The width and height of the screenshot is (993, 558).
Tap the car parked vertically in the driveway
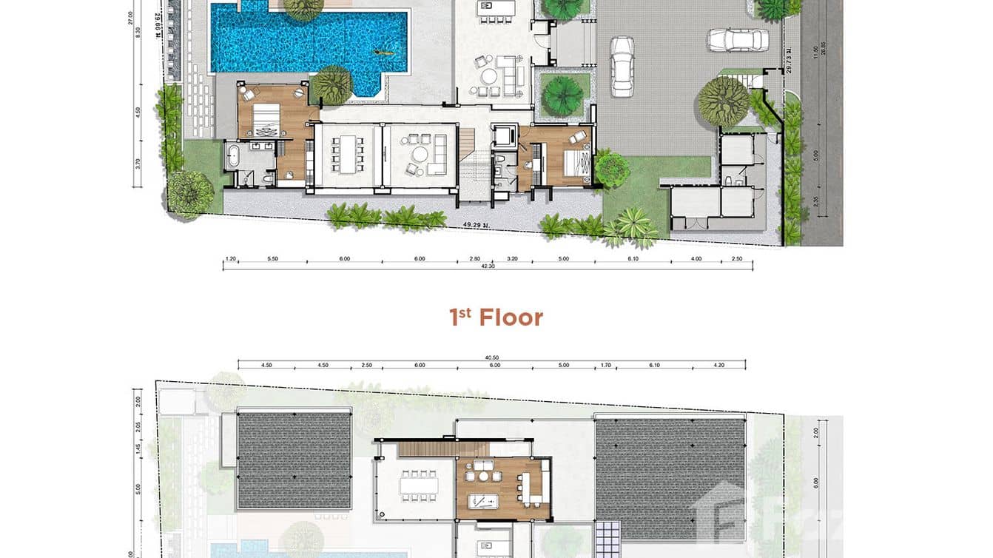622,66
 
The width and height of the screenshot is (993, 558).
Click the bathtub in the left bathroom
234,157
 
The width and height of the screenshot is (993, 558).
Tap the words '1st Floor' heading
496,317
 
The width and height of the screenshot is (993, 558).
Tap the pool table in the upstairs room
486,500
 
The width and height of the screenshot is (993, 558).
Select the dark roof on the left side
294,460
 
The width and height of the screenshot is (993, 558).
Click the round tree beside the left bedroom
332,85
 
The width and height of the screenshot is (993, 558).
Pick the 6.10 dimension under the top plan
633,259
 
